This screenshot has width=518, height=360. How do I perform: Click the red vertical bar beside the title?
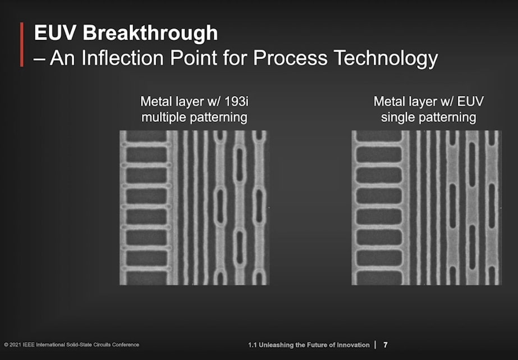[x=22, y=45]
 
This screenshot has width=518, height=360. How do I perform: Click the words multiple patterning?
[x=194, y=117]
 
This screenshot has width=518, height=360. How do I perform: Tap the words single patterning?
[x=428, y=117]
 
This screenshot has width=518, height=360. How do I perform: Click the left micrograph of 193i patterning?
[x=194, y=208]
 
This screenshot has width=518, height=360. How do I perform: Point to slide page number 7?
[x=386, y=345]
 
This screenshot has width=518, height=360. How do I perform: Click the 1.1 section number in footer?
[x=253, y=345]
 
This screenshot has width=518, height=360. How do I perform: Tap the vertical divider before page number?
[x=375, y=345]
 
